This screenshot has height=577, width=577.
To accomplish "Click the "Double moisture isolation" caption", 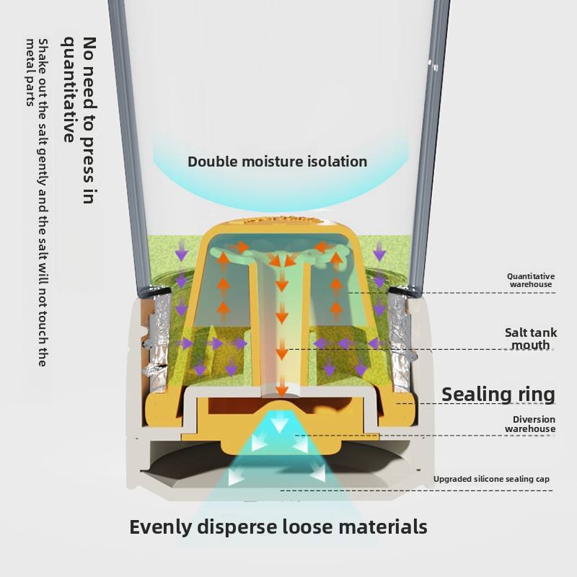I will click(277, 162).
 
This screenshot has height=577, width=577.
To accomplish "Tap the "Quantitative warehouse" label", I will click(530, 281).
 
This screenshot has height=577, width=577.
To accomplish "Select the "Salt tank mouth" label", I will click(530, 339).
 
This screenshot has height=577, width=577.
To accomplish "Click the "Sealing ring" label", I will click(498, 395).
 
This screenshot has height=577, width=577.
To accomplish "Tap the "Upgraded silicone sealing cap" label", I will click(493, 479).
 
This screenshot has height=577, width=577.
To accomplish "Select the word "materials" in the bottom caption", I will click(379, 527).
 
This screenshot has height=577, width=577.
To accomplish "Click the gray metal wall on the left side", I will click(130, 144).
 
